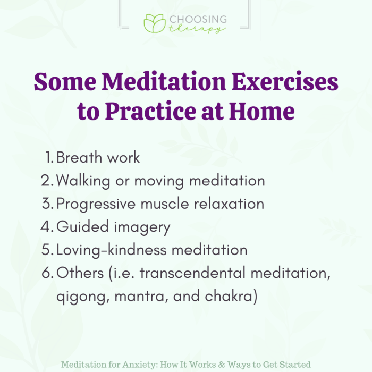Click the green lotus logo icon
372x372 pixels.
pos(155,23)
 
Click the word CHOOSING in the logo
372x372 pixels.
pos(197,20)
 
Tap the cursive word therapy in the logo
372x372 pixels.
pos(198,30)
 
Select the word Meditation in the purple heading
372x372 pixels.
pos(155,84)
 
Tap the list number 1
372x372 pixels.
pos(49,157)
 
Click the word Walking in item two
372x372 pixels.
pos(81,181)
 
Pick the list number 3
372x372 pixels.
pos(47,204)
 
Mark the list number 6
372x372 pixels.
pos(47,274)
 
